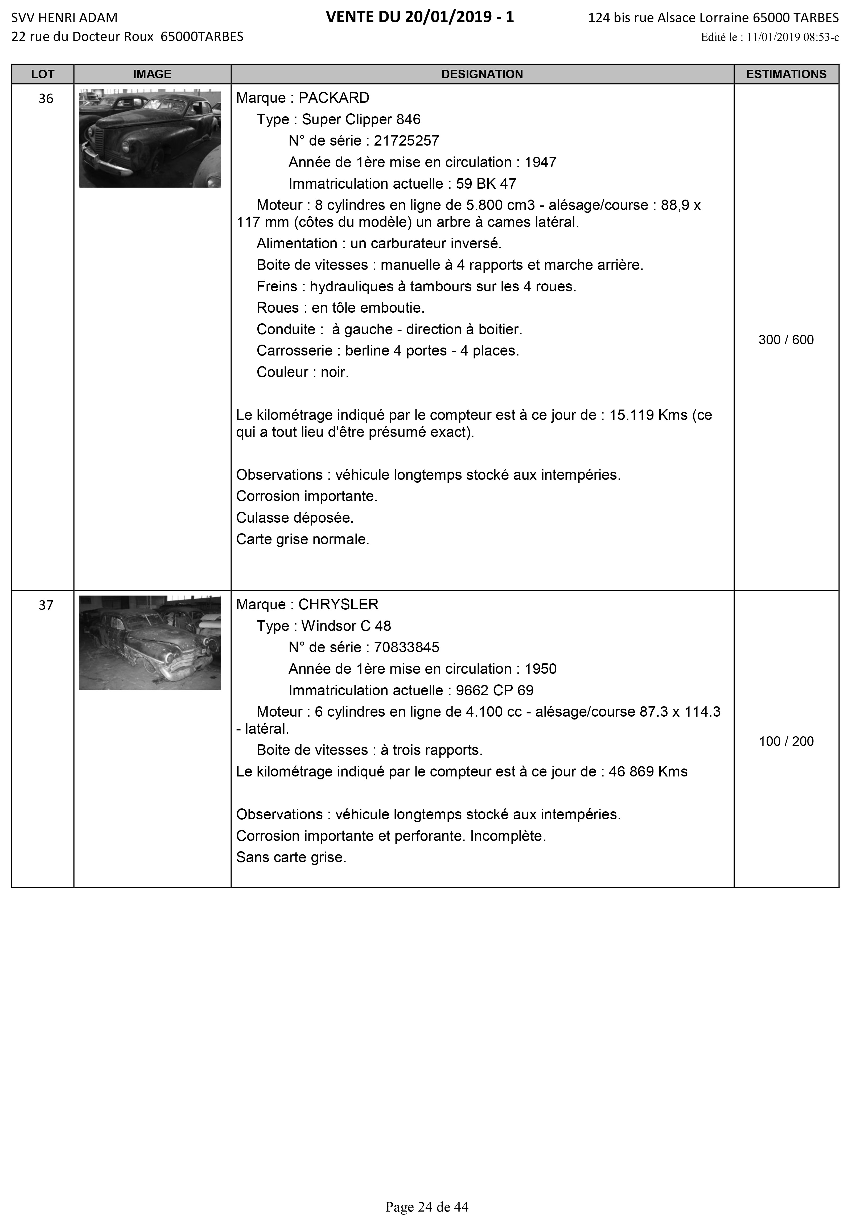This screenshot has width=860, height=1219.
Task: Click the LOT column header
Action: click(43, 74)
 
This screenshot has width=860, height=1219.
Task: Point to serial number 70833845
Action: click(406, 647)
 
